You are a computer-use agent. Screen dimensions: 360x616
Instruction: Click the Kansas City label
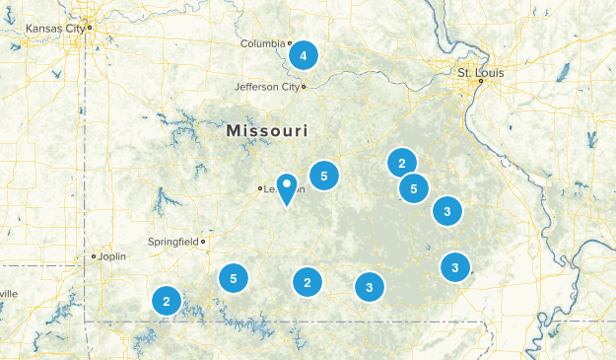tap(54, 29)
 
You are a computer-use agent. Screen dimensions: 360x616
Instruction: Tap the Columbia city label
tap(263, 43)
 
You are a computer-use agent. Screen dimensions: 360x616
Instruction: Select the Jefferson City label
tap(266, 87)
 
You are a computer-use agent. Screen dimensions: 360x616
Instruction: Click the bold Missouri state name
tap(266, 130)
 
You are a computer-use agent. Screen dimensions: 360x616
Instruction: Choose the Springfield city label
tap(172, 241)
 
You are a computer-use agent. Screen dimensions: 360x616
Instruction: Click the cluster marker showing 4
tap(304, 56)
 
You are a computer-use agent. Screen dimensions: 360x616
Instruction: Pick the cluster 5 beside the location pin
tap(323, 176)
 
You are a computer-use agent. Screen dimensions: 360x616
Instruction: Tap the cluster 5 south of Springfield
tap(233, 279)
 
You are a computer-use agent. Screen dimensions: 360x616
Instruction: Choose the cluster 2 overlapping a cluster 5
tap(401, 163)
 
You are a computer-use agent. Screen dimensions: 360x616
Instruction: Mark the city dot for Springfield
tap(203, 241)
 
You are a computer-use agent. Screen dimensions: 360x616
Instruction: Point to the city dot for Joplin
tap(94, 256)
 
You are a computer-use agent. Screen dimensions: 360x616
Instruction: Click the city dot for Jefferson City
tap(304, 87)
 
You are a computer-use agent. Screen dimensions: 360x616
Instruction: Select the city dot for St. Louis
tap(480, 81)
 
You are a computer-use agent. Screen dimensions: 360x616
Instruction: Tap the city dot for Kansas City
tap(89, 28)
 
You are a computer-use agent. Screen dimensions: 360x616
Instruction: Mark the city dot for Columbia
tap(290, 43)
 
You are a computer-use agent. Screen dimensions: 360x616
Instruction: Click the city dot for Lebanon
tap(260, 188)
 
